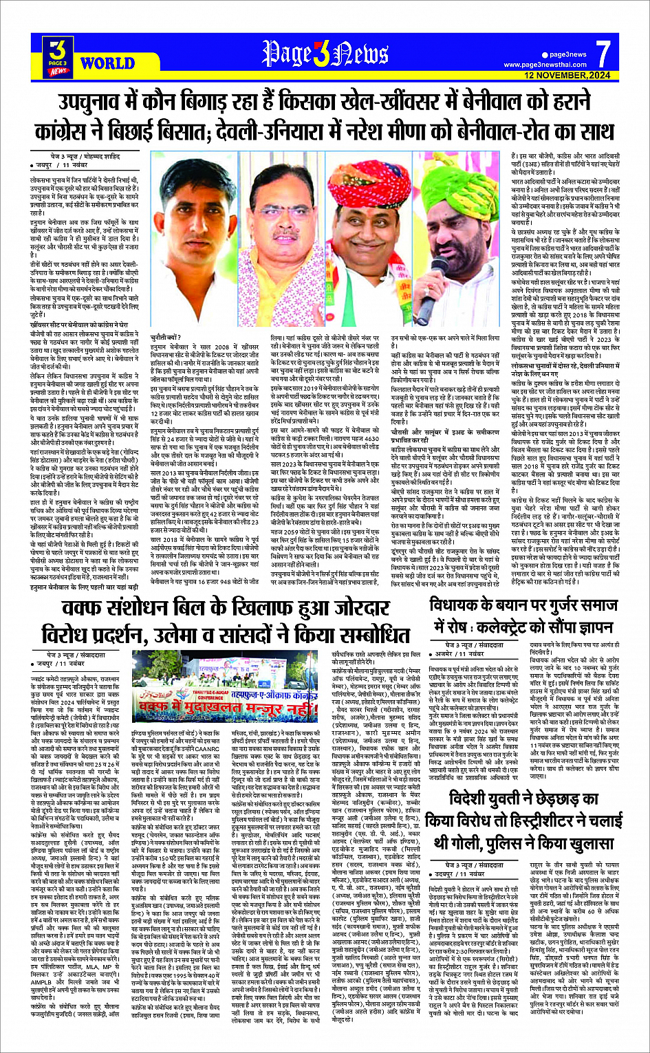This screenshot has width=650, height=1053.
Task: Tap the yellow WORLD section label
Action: (x=107, y=64)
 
